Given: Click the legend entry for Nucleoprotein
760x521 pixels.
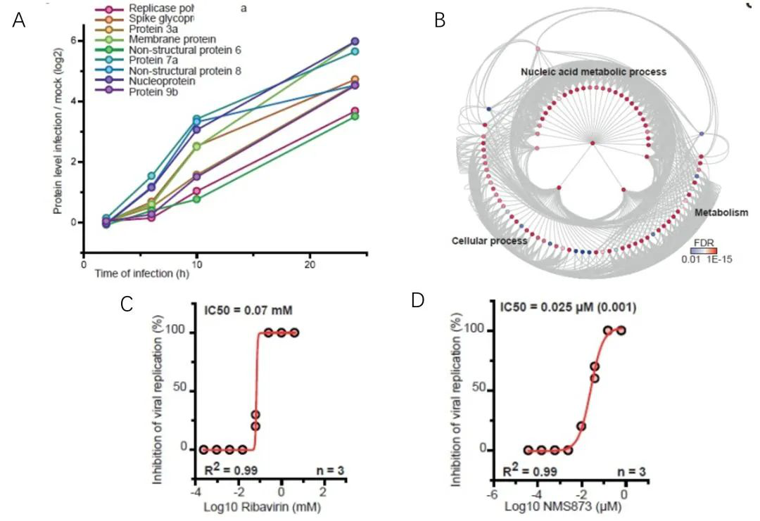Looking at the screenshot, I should (160, 81).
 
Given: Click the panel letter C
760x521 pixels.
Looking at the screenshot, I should (127, 304).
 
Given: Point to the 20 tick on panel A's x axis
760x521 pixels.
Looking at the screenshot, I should (310, 265).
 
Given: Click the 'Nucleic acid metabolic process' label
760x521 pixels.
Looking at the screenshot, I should (593, 72).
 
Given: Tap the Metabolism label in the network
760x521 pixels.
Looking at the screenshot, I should (721, 212).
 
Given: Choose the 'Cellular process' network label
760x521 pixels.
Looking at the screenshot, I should (489, 241).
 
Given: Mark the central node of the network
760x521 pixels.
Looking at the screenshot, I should (593, 143).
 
